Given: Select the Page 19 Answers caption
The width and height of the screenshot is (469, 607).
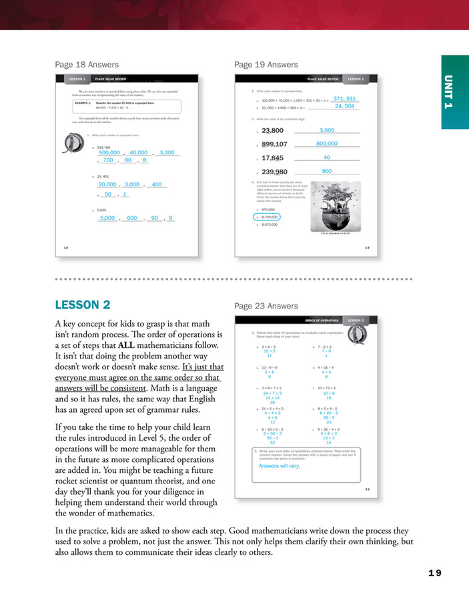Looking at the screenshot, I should pos(266,65).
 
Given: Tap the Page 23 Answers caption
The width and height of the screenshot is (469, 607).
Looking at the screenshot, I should pos(266,306).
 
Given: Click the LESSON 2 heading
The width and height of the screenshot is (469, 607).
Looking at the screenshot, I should pos(83,305).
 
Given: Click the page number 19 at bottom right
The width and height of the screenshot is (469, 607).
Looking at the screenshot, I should pos(434,572).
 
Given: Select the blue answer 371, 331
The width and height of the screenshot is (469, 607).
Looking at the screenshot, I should pos(344,99).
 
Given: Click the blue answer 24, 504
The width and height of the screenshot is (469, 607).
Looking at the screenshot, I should pos(344,106).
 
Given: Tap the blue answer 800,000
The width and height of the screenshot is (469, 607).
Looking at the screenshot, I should pos(327,144).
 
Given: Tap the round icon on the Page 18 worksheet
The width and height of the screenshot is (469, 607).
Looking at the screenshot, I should pos(72,144).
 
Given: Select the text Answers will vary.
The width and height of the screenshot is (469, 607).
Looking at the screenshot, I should pos(279,466).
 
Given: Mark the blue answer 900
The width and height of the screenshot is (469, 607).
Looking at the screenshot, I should pos(327,172).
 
